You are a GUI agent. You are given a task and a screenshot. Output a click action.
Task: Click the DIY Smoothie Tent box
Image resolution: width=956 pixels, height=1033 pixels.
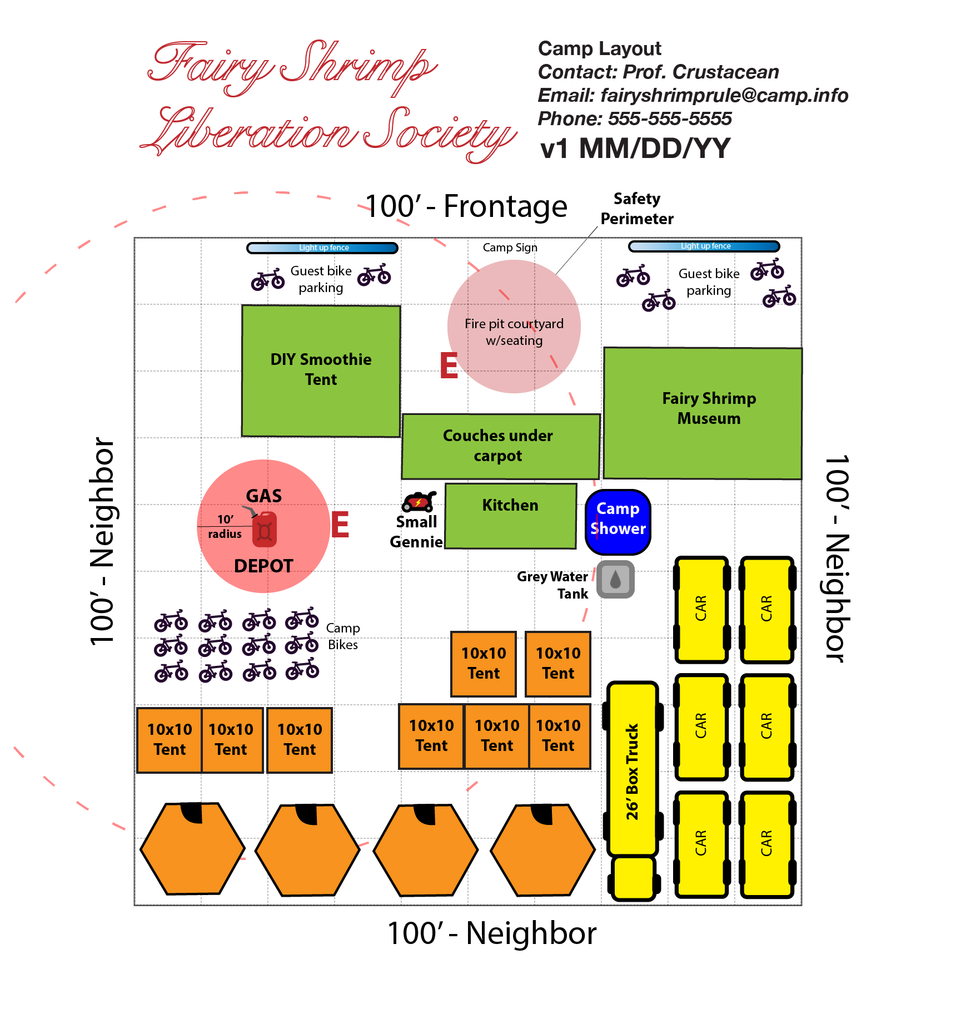(321, 370)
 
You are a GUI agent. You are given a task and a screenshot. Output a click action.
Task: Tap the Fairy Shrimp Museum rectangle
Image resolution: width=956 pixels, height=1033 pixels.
(703, 413)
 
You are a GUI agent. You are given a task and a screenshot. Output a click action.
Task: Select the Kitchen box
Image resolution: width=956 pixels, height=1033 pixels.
(510, 516)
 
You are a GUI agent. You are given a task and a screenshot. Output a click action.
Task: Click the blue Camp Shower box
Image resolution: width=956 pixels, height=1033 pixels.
(618, 522)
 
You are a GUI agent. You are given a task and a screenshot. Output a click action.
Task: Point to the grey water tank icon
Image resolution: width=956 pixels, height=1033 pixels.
(615, 579)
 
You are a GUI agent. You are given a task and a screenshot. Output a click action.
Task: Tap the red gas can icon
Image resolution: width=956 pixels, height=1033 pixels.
(264, 530)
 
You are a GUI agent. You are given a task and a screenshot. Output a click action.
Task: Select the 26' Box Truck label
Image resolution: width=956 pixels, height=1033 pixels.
(633, 771)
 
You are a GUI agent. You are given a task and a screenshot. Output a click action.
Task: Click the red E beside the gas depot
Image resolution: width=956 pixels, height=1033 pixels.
(340, 525)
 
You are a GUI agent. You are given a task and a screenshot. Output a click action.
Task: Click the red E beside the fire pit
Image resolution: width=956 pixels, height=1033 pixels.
(449, 365)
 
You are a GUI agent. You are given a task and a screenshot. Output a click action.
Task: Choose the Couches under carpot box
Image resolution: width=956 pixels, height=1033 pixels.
(500, 446)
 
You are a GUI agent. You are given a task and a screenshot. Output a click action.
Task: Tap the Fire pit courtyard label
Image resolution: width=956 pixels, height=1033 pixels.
(514, 332)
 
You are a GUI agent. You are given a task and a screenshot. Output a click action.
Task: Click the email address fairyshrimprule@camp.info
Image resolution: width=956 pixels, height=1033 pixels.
(724, 96)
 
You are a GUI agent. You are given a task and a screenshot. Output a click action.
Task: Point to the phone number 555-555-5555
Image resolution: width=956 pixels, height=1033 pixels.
(670, 118)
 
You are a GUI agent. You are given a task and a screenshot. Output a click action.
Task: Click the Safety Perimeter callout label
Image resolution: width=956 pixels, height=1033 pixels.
(637, 209)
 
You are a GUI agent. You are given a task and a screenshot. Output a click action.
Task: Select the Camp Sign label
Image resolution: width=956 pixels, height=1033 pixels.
(510, 248)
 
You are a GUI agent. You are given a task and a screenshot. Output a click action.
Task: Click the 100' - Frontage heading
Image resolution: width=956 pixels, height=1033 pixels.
(466, 206)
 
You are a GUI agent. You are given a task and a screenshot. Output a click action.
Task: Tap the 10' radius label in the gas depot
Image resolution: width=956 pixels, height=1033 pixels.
(225, 526)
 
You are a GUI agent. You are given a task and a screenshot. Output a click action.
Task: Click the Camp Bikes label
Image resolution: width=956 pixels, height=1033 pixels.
(343, 636)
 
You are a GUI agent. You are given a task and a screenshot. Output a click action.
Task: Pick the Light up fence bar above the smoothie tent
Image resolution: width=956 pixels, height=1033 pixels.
(322, 248)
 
